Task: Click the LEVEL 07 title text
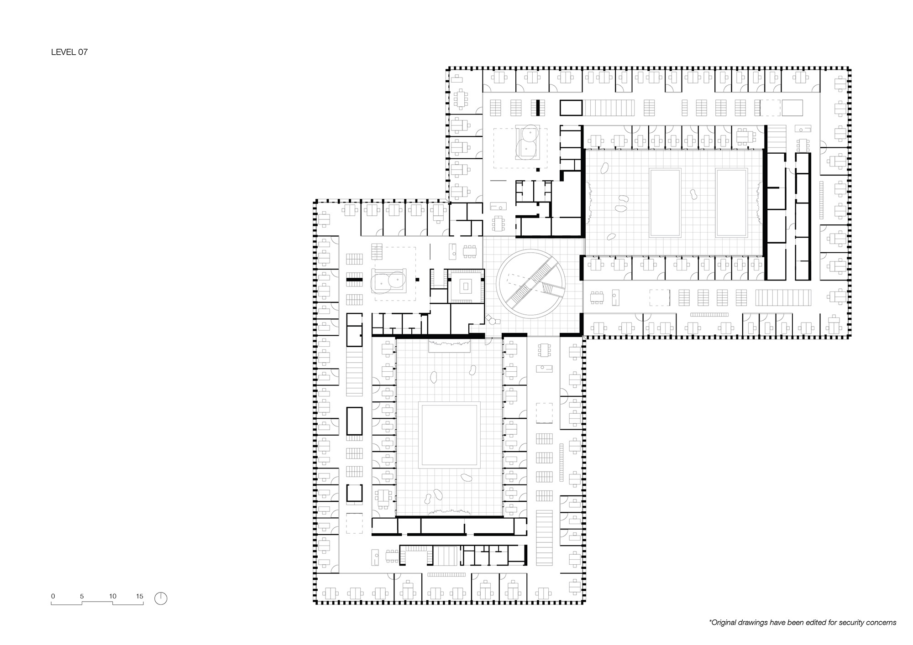click(x=69, y=52)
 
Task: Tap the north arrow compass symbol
click(x=161, y=598)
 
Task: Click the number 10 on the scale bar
click(x=113, y=596)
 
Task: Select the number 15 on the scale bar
click(x=140, y=596)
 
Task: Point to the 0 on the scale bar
click(x=53, y=596)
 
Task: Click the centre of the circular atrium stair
click(x=531, y=284)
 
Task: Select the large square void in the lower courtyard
click(x=450, y=434)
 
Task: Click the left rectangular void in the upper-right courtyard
click(x=666, y=203)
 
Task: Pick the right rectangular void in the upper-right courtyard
click(x=731, y=203)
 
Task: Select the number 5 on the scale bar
click(x=82, y=596)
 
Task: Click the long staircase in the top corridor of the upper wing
click(x=609, y=108)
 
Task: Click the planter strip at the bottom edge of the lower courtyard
click(x=449, y=512)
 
